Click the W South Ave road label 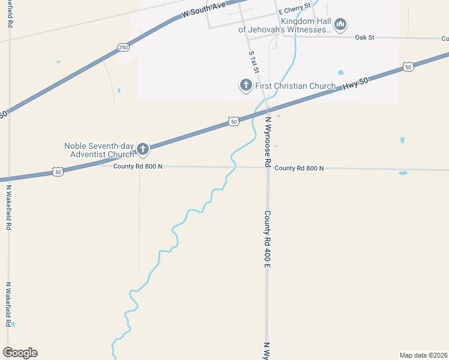coord(204,9)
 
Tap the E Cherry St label coord(294,9)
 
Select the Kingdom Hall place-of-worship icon coord(340,24)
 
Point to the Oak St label coord(364,37)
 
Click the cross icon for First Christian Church coord(246,86)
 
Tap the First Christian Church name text coord(295,86)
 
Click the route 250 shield coord(123,47)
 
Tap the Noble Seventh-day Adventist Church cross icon coord(143,149)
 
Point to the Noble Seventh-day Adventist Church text coord(100,150)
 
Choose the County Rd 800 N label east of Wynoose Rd coord(299,169)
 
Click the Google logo coord(20,353)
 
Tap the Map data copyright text coord(423,355)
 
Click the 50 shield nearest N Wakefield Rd coord(58,172)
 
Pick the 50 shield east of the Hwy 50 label coord(408,67)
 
